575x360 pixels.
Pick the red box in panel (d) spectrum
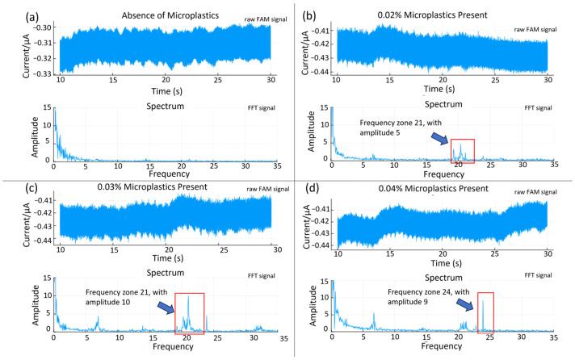tap(490, 312)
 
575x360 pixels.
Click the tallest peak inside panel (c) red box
tap(188, 297)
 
